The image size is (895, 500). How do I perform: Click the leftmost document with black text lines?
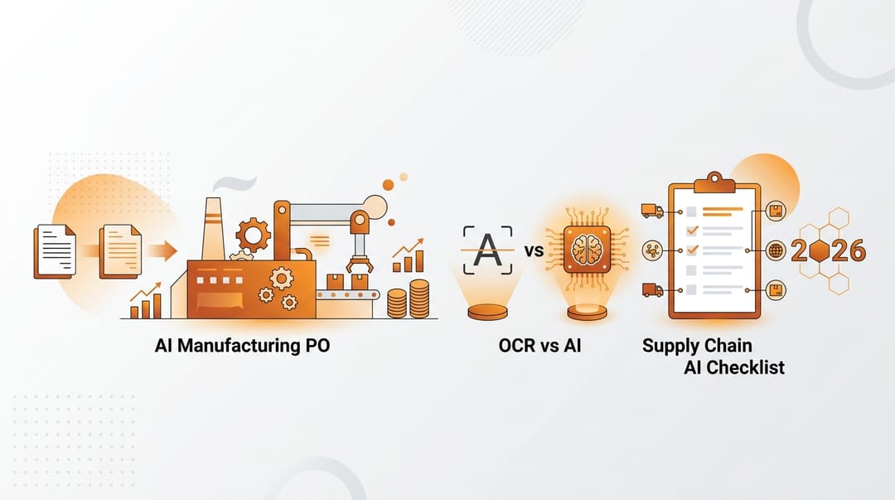pos(55,251)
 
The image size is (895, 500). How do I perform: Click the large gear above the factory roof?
pos(253,235)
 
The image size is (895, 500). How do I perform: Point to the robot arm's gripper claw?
pos(360,265)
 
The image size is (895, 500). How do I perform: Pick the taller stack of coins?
pos(419,299)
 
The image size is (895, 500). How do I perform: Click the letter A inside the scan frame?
pos(487,250)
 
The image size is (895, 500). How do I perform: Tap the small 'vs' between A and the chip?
pos(534,250)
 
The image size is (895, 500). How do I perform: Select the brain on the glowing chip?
pos(587,250)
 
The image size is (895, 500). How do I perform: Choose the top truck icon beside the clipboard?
pos(652,211)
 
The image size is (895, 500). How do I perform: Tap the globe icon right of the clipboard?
pos(776,250)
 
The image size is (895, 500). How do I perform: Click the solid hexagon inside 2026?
pos(819,250)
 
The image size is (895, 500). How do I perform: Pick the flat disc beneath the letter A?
pos(487,313)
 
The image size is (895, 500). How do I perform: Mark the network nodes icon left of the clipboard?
pos(652,250)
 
